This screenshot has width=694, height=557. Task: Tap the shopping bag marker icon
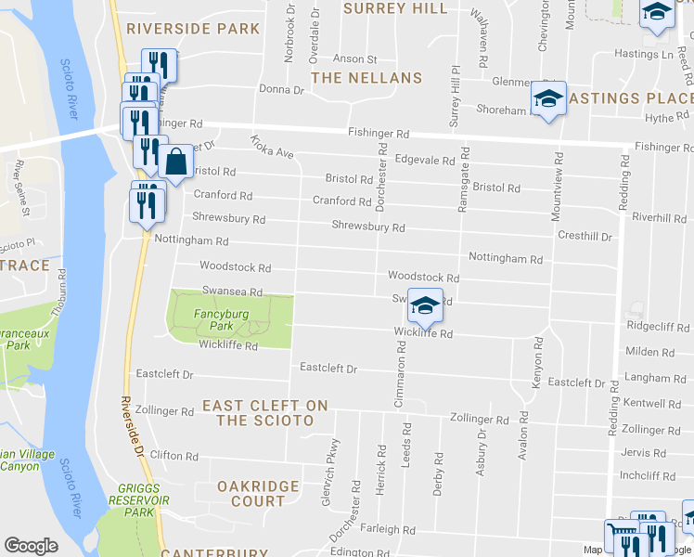click(175, 162)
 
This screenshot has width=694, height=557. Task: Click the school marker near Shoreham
click(548, 98)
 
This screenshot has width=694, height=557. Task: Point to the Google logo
click(31, 546)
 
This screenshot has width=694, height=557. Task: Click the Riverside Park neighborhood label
click(194, 29)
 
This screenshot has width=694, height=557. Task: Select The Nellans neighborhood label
click(366, 78)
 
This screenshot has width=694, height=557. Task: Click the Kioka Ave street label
click(271, 147)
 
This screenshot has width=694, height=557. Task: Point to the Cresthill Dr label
click(585, 237)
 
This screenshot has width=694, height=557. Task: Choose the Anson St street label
click(354, 58)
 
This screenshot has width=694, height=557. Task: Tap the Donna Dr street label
click(282, 90)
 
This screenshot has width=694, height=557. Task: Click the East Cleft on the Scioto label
click(265, 413)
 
